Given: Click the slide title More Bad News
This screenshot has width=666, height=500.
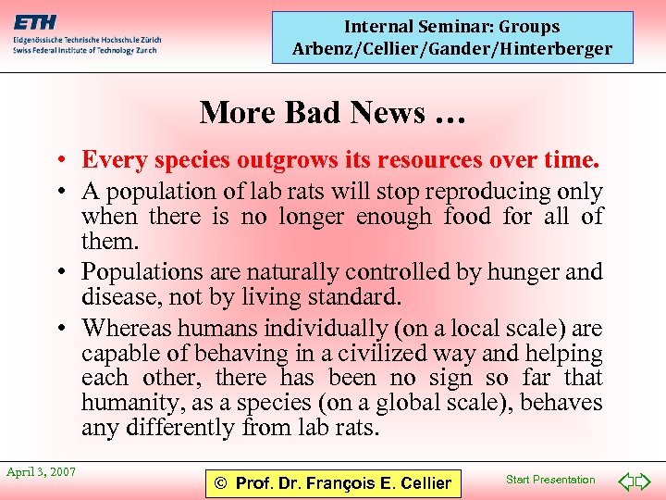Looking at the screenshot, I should pos(332,112).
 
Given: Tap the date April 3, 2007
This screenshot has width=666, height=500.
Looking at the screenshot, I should pos(42,472).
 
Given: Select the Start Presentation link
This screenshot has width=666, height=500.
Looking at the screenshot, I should pos(551,480).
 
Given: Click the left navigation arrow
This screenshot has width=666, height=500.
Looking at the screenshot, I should pos(625,481).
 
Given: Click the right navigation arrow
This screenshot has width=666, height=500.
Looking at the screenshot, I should pos(644,481).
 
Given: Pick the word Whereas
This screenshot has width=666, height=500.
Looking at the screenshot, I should pos(126,328).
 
